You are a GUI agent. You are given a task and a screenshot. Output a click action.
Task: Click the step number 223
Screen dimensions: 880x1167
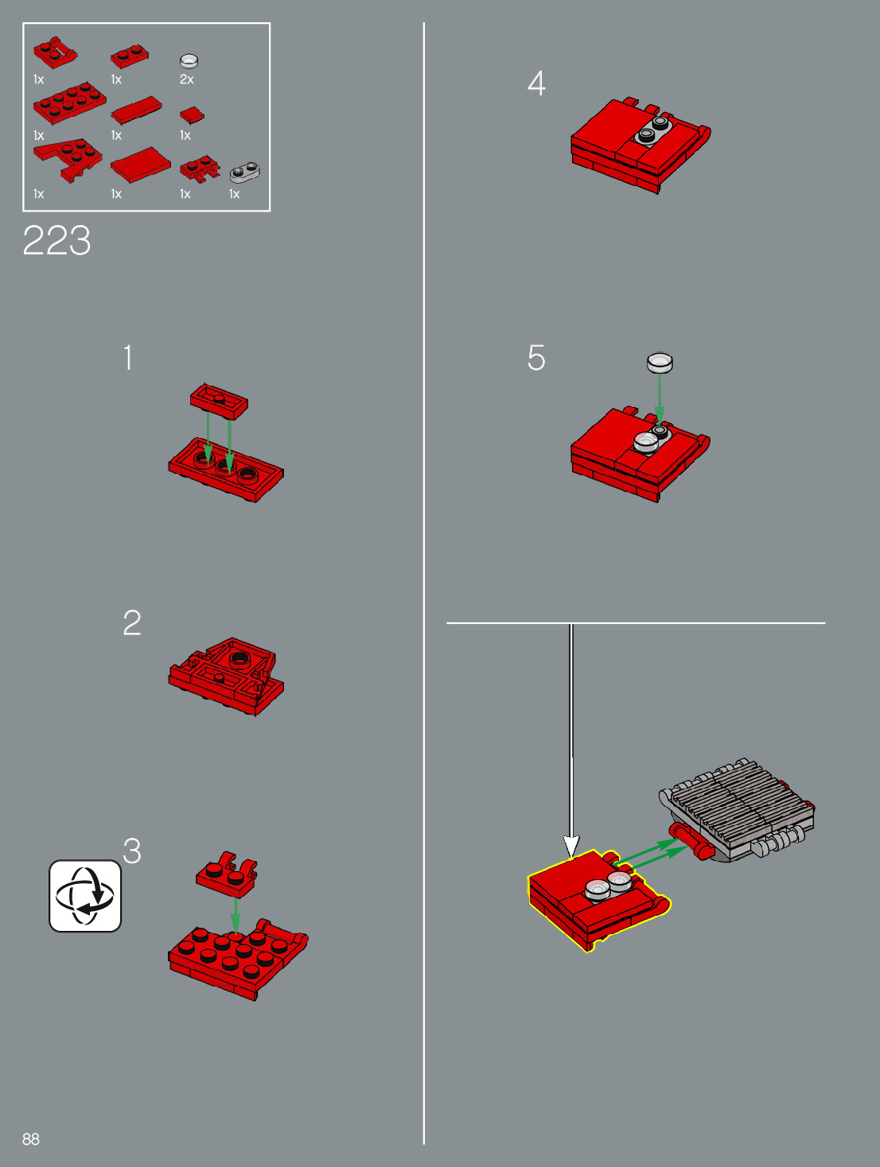click(56, 240)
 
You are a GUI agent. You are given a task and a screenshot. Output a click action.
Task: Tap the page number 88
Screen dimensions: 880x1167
click(31, 1139)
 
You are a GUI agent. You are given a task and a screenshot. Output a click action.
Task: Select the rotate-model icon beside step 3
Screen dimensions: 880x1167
click(85, 896)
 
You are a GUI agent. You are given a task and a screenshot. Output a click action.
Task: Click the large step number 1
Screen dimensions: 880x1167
click(127, 357)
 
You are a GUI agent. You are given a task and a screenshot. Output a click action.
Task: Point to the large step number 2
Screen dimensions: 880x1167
click(132, 622)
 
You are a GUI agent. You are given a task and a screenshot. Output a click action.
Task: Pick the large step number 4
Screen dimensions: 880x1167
click(536, 83)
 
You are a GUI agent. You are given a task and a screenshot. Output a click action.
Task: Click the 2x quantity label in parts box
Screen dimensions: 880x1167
click(187, 79)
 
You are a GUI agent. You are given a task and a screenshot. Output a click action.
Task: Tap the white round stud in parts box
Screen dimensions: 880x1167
click(189, 60)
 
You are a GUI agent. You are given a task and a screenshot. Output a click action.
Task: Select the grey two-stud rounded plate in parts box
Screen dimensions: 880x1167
click(245, 172)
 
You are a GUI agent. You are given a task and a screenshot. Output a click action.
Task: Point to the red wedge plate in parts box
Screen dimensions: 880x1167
click(68, 160)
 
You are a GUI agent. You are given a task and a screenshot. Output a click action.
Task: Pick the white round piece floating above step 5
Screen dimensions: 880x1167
click(660, 363)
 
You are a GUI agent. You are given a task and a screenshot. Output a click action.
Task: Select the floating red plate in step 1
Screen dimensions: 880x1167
click(219, 401)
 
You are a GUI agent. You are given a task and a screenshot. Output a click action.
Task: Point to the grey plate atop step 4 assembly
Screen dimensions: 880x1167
click(653, 130)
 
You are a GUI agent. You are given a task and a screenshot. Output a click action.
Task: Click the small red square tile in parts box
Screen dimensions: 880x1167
click(192, 114)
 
